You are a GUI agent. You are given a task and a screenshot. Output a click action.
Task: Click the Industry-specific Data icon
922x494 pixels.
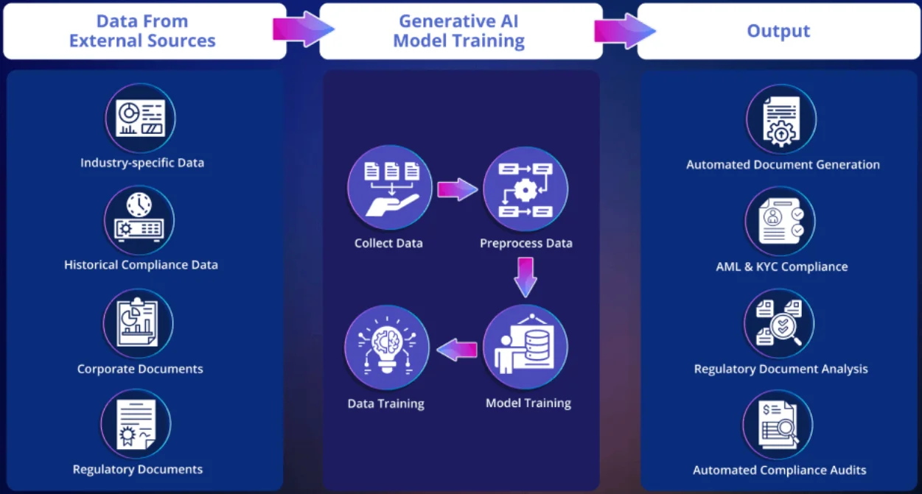(140, 118)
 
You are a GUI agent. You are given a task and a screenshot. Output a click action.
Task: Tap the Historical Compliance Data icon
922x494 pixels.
(139, 220)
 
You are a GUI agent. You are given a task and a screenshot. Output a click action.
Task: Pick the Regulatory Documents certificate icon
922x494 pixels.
(136, 424)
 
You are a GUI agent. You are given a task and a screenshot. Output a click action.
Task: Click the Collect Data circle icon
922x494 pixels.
(389, 188)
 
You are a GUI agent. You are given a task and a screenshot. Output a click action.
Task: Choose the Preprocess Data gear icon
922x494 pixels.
(525, 189)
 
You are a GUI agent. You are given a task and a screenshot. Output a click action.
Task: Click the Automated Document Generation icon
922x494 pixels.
(781, 119)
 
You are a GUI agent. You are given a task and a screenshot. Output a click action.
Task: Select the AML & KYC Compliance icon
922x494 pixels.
(780, 221)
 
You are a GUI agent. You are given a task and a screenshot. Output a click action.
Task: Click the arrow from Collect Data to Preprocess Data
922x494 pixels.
(458, 189)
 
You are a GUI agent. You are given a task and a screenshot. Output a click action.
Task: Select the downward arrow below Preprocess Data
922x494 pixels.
(525, 276)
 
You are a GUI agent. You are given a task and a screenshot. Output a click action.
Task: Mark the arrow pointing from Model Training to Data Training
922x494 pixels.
(457, 350)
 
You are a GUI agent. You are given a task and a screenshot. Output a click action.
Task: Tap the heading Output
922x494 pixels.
(778, 31)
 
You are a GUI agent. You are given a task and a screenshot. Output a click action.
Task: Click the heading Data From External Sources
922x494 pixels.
(142, 31)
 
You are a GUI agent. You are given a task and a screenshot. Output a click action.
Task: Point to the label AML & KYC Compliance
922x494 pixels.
(782, 267)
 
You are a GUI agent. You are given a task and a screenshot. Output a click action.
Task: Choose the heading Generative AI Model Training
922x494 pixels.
(459, 31)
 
